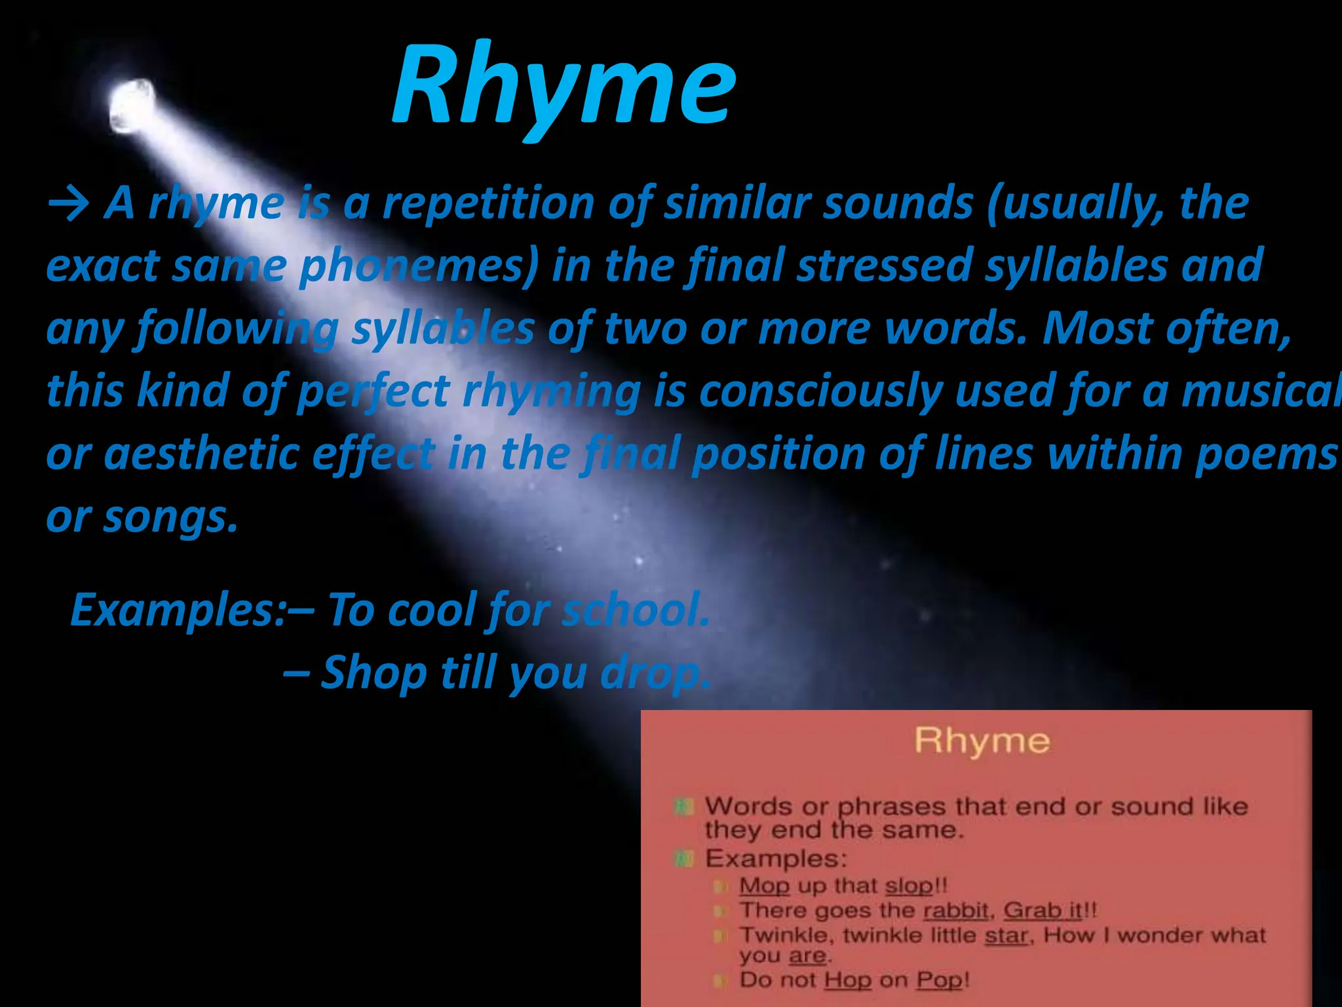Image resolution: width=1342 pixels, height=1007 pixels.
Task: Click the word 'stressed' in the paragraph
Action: tap(884, 266)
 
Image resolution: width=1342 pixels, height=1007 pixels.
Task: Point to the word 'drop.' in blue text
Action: tap(656, 673)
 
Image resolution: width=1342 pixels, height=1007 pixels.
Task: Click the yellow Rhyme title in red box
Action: tap(982, 741)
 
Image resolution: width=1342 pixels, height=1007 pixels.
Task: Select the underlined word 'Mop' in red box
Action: tap(764, 886)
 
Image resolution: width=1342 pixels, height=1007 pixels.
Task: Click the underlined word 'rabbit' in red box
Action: tap(955, 911)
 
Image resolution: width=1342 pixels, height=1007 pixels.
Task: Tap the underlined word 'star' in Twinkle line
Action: tap(1006, 936)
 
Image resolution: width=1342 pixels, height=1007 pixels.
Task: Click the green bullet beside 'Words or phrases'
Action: tap(683, 806)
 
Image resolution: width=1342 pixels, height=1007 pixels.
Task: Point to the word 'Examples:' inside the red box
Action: tap(776, 859)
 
